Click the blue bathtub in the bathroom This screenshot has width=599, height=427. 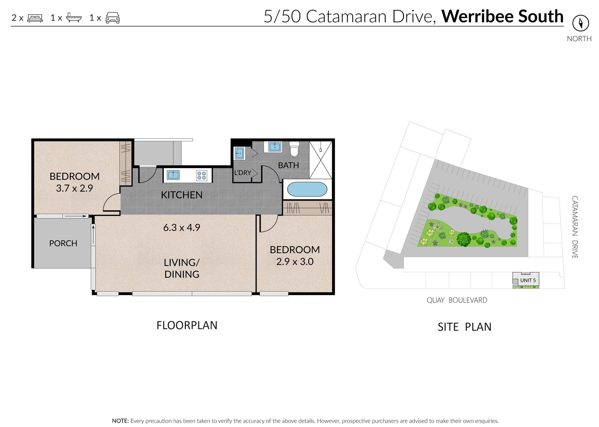click(x=307, y=189)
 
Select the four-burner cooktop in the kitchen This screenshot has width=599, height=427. click(x=202, y=176)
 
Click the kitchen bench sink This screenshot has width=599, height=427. click(x=173, y=175)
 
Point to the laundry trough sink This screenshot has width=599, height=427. click(x=239, y=153)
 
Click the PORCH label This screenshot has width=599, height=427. click(x=63, y=243)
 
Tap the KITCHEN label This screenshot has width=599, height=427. click(x=181, y=195)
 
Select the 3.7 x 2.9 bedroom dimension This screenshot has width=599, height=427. click(x=74, y=188)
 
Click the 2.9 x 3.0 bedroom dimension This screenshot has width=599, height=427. click(x=295, y=262)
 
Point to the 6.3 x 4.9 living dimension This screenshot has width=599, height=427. click(x=181, y=228)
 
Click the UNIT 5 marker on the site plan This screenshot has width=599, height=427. click(x=528, y=280)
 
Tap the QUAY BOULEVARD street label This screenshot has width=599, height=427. click(x=457, y=300)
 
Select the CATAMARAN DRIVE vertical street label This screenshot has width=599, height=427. click(x=574, y=227)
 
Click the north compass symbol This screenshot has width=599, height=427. click(x=580, y=23)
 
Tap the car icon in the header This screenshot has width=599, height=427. click(x=113, y=18)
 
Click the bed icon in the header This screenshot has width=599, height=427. click(x=35, y=18)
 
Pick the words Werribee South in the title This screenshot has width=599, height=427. click(x=502, y=16)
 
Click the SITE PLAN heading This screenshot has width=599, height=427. click(x=464, y=327)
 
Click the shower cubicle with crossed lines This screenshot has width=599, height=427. click(x=320, y=160)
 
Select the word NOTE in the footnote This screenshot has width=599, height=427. click(x=120, y=421)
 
